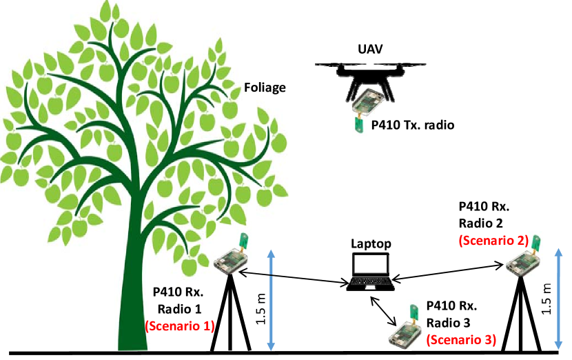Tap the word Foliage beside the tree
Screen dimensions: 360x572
point(265,88)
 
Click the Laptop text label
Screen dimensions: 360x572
point(371,243)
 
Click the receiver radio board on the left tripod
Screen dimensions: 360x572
point(230,259)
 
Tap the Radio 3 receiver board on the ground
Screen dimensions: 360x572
point(403,332)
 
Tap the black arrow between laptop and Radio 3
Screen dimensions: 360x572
point(385,312)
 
